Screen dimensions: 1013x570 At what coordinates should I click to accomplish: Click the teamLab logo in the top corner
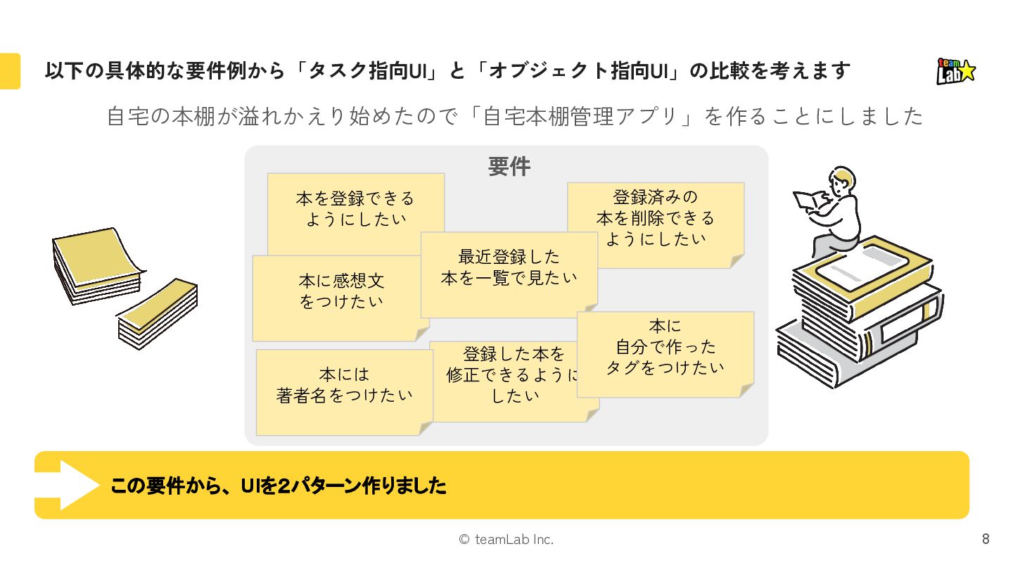click(x=956, y=71)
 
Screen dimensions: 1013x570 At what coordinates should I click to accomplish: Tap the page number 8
click(x=986, y=540)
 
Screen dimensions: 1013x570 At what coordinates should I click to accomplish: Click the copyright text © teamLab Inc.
click(x=506, y=540)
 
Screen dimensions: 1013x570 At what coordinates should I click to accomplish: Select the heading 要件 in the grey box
click(x=509, y=167)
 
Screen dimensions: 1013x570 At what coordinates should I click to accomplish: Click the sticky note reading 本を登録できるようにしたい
click(x=355, y=209)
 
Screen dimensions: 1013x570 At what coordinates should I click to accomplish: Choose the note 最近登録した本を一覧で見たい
click(x=509, y=267)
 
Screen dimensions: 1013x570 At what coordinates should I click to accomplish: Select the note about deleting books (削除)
click(x=655, y=218)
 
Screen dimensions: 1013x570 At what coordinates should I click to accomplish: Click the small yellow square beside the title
click(x=9, y=71)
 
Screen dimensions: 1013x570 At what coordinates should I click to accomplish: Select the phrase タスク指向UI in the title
click(x=371, y=71)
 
